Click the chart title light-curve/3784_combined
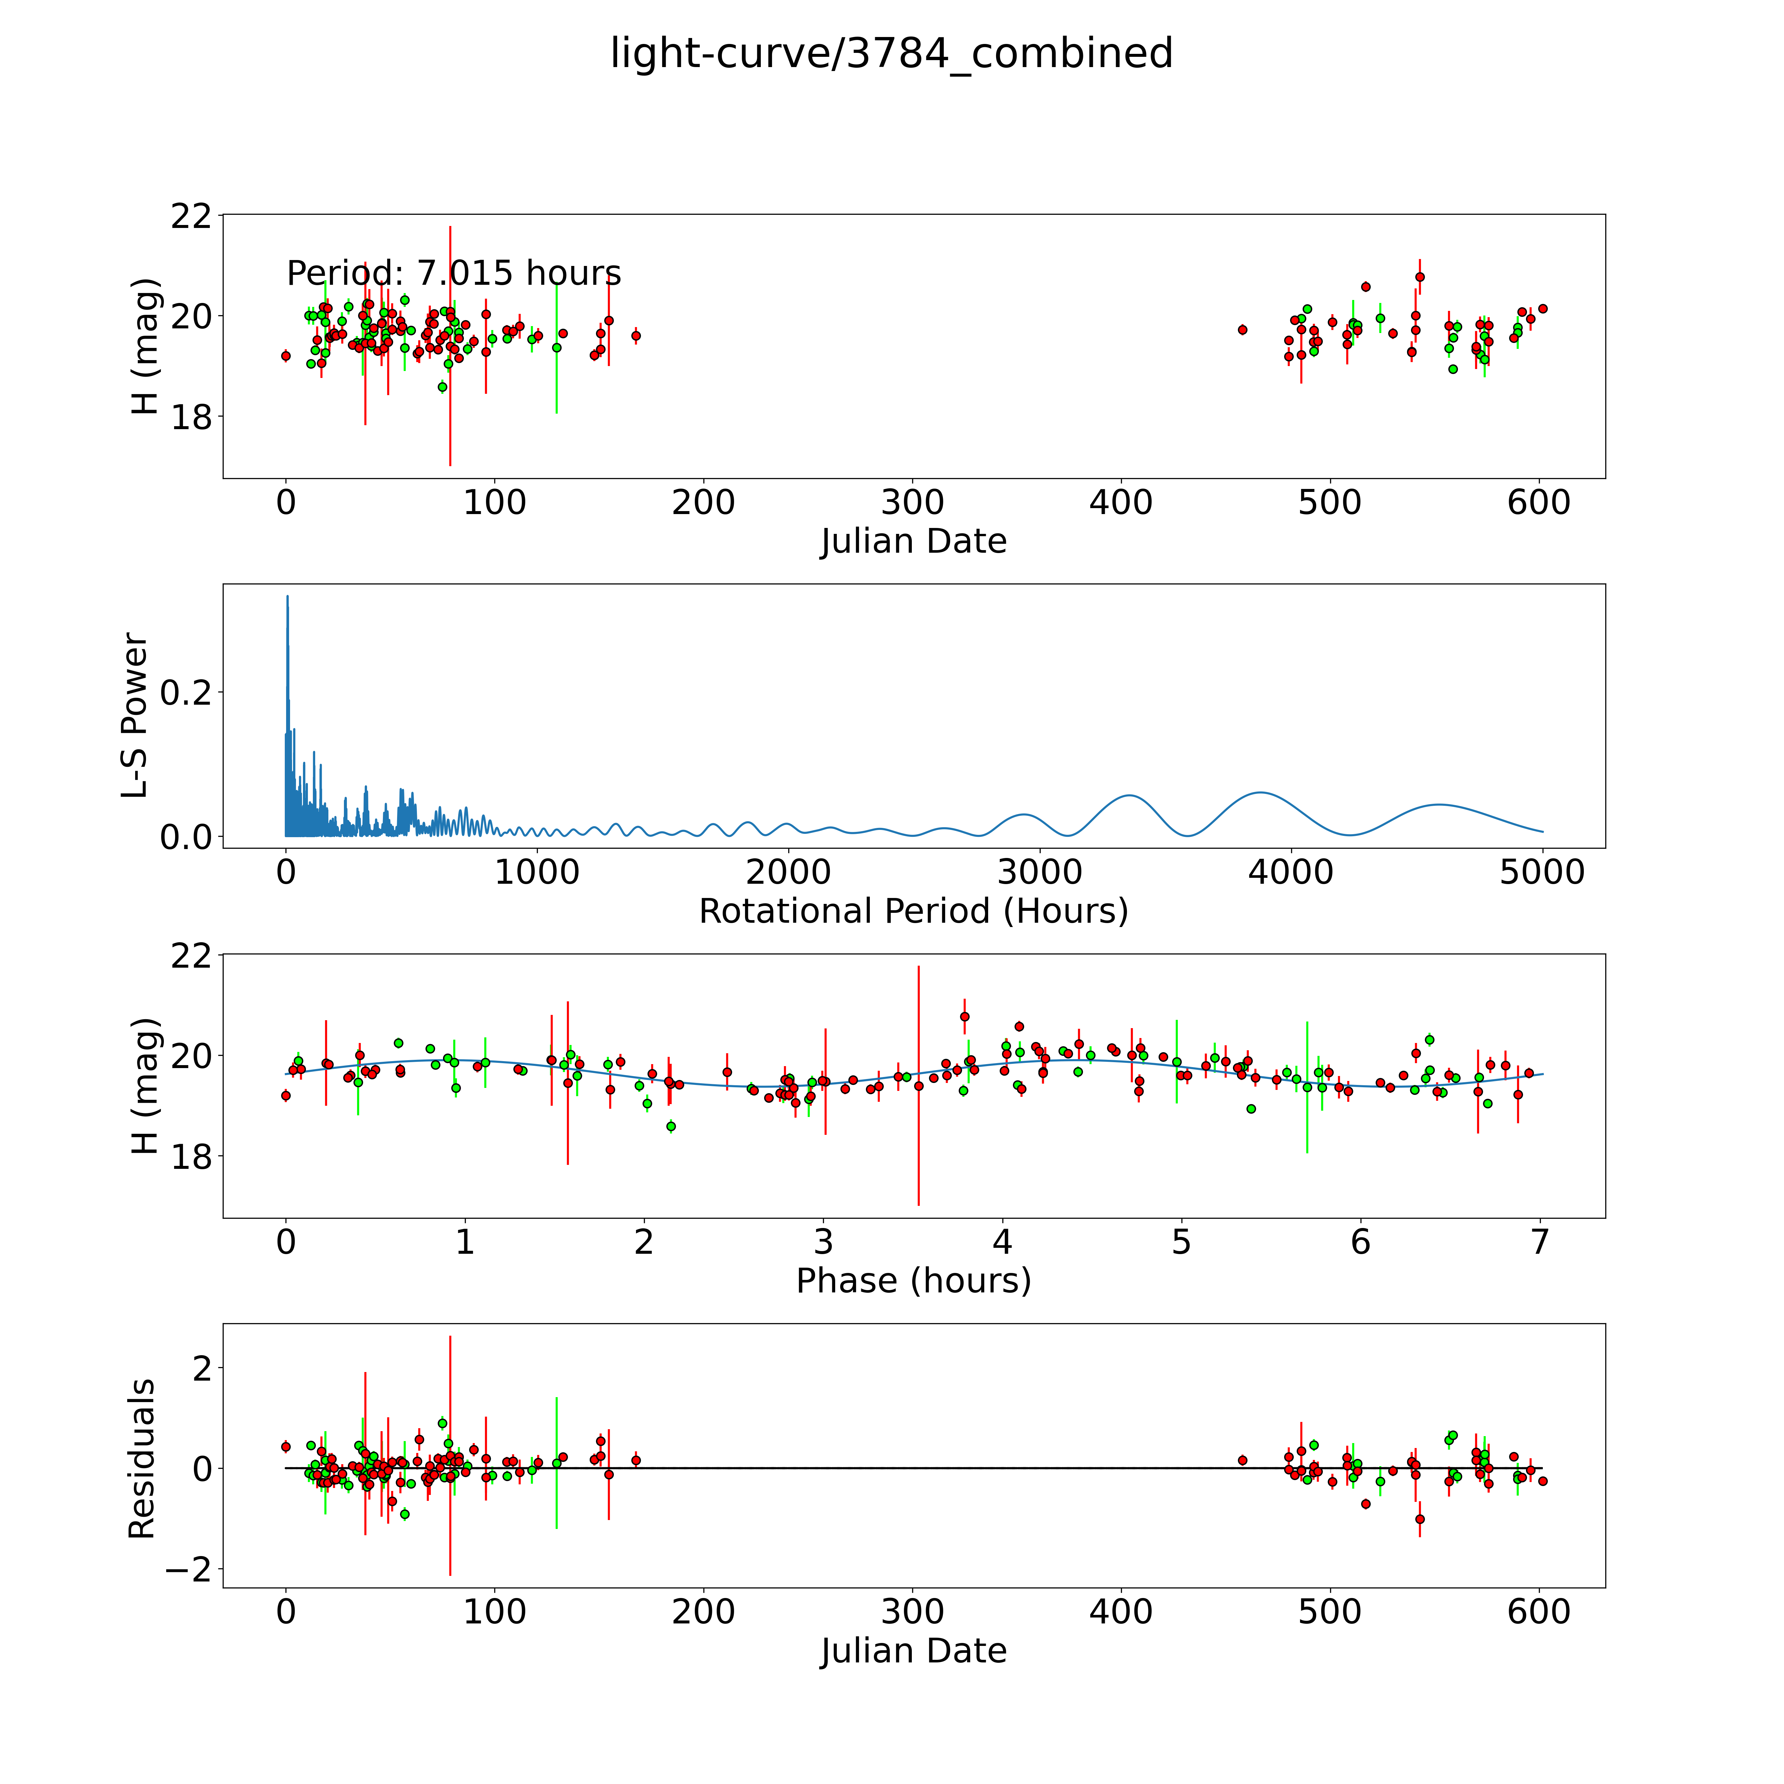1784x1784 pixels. (891, 54)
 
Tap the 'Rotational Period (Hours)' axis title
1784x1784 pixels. (913, 911)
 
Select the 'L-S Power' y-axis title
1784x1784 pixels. (135, 716)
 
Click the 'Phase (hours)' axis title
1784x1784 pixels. (913, 1281)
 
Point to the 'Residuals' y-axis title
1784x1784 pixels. (141, 1459)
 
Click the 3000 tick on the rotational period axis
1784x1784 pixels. (1040, 872)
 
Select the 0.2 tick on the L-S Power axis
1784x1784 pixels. (186, 692)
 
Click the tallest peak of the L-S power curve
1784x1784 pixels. (287, 597)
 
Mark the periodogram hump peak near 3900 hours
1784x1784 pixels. (1259, 792)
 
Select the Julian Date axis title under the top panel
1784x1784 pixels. (913, 541)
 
